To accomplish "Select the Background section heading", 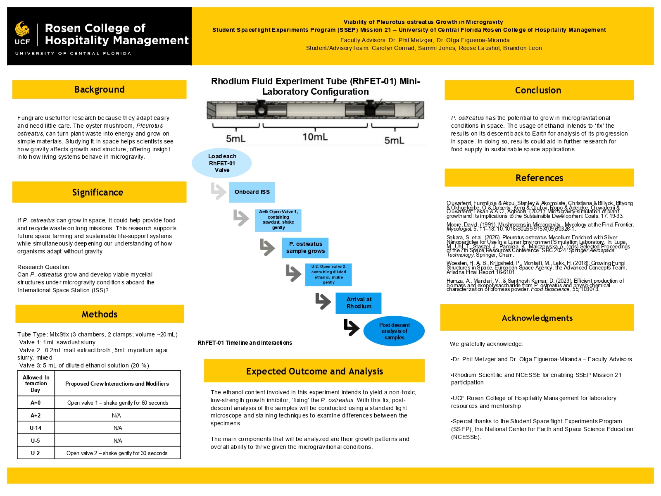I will (99, 90).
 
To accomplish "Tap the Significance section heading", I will (97, 192).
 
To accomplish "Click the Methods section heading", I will (100, 314).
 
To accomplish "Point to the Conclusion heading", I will (538, 90).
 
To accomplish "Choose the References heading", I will (539, 178).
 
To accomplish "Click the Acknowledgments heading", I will (537, 318).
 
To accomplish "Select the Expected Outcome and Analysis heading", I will (314, 371).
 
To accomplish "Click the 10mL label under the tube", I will (315, 137).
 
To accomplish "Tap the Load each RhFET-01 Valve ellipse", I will (222, 163).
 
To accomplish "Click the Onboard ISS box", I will (252, 192).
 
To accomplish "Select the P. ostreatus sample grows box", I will (305, 248).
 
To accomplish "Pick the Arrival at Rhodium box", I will (359, 303).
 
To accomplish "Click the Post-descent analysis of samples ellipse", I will (394, 331).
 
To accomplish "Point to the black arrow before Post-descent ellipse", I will (352, 327).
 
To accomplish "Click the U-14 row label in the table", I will (36, 428).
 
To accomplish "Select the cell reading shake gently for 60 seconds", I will (118, 403).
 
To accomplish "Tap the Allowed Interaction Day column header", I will (36, 384).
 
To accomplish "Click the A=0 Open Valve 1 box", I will (278, 220).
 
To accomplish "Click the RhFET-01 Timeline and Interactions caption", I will (245, 343).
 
